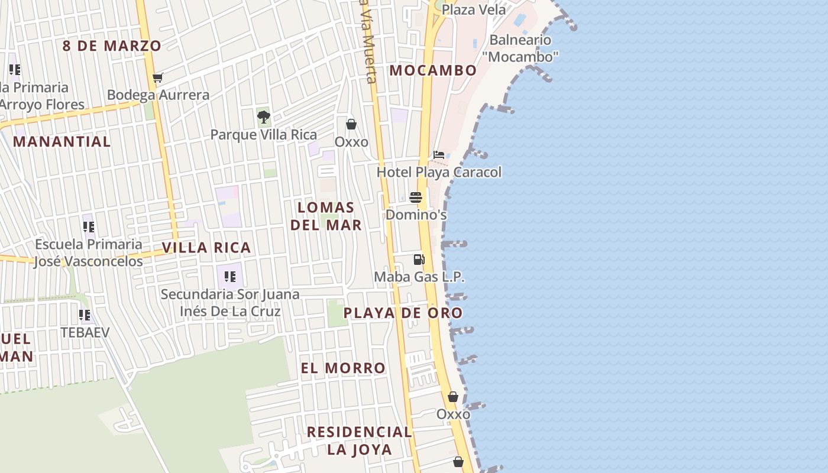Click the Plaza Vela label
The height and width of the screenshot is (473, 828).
(474, 10)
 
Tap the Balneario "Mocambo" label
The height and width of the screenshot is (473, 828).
(520, 48)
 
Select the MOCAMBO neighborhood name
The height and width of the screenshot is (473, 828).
(433, 70)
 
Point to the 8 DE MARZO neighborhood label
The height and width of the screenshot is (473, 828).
(112, 46)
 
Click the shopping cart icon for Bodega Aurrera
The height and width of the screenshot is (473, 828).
(157, 77)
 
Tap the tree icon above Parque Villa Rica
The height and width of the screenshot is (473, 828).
(264, 117)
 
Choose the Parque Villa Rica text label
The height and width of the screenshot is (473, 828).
(264, 135)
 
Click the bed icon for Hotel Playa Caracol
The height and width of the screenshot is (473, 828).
(439, 155)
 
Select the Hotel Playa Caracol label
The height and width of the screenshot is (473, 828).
(439, 172)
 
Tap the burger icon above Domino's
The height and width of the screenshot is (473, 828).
(416, 197)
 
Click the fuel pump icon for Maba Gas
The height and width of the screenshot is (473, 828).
(419, 259)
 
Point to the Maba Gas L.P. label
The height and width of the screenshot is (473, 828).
(419, 277)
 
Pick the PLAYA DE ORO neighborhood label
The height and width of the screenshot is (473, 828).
(403, 313)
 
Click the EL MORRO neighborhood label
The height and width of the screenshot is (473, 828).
(343, 368)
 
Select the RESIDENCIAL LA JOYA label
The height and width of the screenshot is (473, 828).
(360, 440)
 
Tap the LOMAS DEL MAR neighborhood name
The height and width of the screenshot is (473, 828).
(326, 216)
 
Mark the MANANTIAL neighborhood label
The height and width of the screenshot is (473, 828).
(62, 142)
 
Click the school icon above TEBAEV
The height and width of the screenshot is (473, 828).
(85, 315)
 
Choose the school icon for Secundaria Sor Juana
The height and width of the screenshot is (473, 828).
(230, 276)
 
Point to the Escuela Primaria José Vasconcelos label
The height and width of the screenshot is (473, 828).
(89, 253)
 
